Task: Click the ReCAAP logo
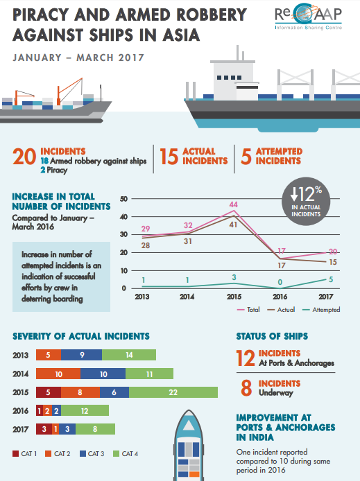[x=308, y=17]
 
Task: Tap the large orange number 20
[x=24, y=157]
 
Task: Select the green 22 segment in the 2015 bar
[x=173, y=392]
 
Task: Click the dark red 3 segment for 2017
[x=44, y=429]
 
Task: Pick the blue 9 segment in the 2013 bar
[x=82, y=355]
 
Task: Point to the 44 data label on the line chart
[x=233, y=204]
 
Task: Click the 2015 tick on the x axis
[x=234, y=297]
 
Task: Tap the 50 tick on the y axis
[x=123, y=199]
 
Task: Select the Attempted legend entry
[x=321, y=310]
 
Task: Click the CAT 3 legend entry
[x=92, y=454]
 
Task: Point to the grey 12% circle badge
[x=306, y=201]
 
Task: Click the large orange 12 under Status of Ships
[x=246, y=358]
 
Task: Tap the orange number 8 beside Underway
[x=246, y=387]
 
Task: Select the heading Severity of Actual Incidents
[x=81, y=336]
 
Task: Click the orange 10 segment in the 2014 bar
[x=58, y=374]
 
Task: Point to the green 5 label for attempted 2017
[x=331, y=279]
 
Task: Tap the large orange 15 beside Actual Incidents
[x=169, y=157]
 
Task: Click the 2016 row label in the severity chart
[x=21, y=411]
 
